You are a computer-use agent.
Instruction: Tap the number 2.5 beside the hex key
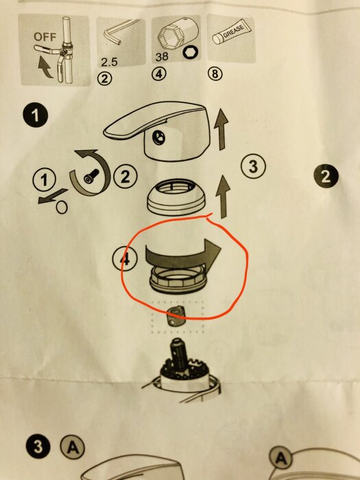110,61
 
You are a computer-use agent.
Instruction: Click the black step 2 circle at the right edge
326,177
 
